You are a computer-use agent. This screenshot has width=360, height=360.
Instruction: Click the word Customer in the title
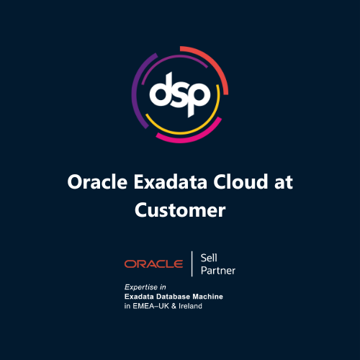point(180,210)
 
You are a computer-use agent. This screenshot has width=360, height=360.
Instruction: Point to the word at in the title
point(282,182)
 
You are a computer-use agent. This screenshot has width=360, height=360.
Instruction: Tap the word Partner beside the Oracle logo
point(217,271)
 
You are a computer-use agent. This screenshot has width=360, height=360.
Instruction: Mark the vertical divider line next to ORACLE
point(192,264)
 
